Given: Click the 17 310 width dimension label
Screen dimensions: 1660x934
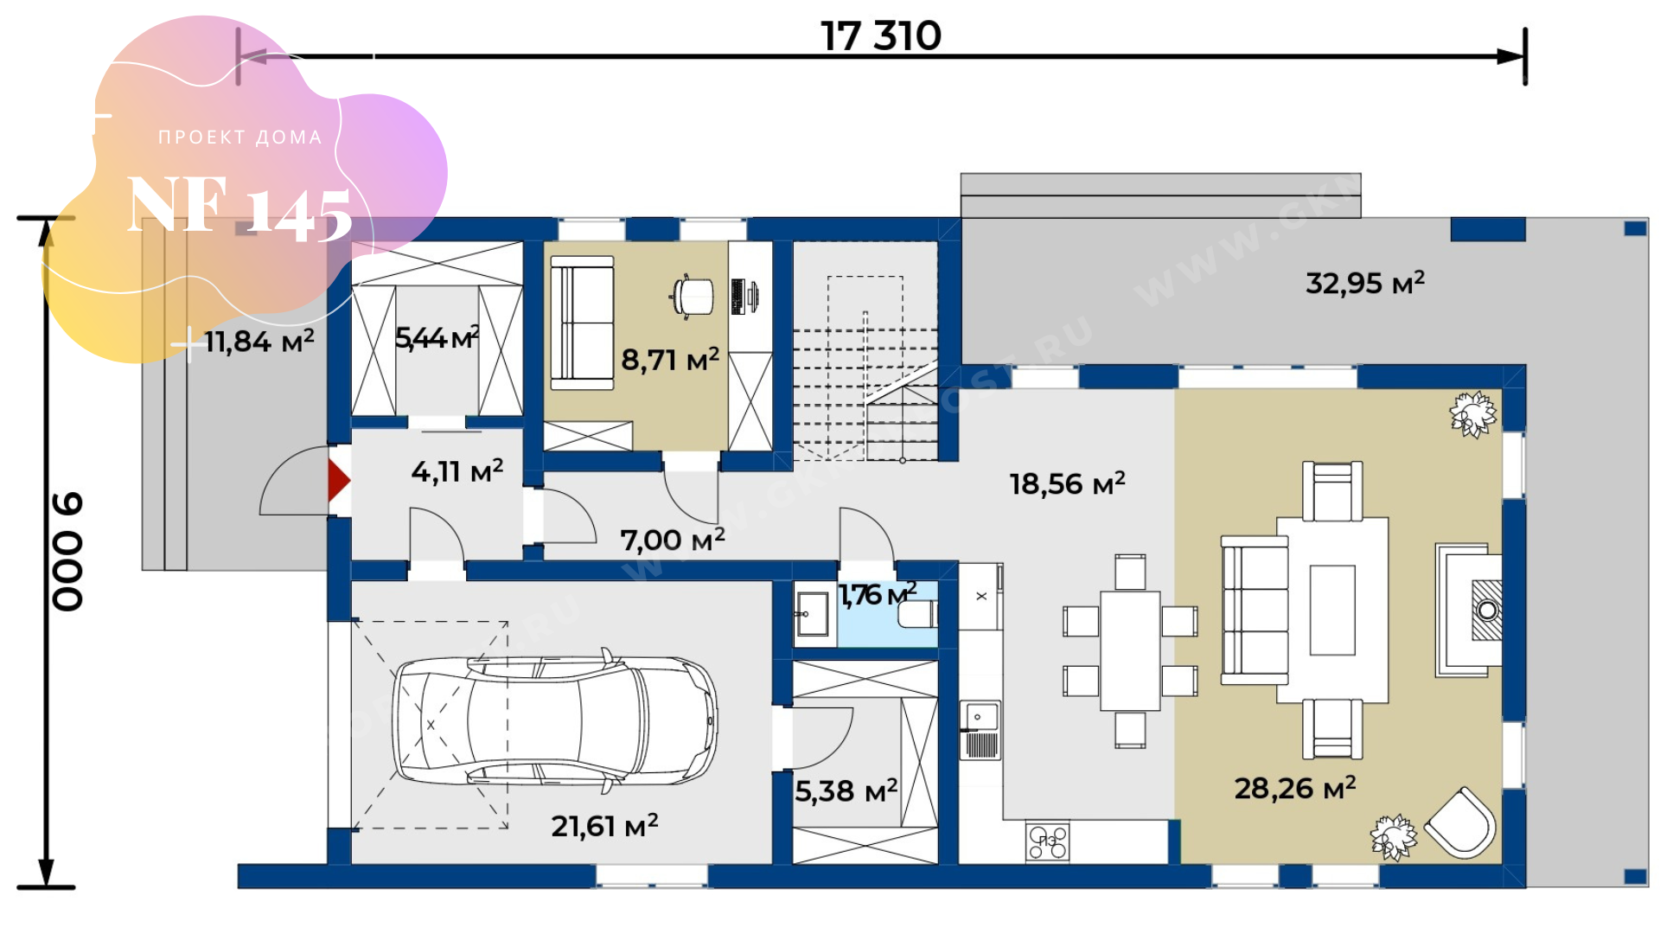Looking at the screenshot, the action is tap(881, 35).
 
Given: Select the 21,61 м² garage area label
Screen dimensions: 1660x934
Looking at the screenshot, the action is tap(604, 826).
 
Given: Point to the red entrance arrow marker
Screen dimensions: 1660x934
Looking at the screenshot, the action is tap(338, 481).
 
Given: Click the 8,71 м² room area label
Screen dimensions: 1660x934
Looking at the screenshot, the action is tap(670, 359).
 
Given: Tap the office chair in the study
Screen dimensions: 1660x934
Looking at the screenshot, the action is tap(693, 297).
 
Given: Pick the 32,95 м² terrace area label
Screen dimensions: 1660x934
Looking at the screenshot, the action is tap(1365, 283).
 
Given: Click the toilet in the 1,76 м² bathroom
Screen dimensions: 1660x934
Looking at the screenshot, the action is tap(917, 613).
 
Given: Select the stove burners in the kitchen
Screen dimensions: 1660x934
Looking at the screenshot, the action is tap(1048, 841).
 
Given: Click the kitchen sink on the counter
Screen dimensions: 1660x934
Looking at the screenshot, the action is tap(980, 730).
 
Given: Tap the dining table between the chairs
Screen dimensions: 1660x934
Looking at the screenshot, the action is tap(1130, 650).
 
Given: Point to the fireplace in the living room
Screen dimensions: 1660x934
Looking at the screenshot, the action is tap(1469, 610).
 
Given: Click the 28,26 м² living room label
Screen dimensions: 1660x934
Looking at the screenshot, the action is tap(1294, 788).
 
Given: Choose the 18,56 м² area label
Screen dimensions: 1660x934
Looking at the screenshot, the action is tap(1068, 483).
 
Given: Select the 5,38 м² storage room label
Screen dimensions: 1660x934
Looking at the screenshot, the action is tap(846, 790).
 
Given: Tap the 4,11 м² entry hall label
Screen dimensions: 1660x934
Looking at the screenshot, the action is tap(456, 471).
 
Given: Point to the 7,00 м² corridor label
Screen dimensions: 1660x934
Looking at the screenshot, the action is tap(673, 541).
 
